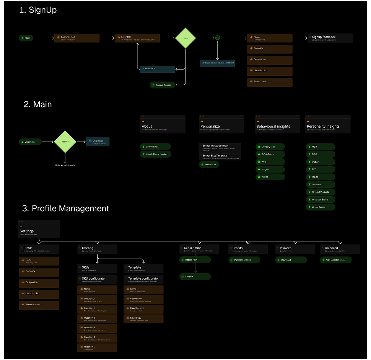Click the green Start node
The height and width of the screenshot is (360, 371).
tap(26, 38)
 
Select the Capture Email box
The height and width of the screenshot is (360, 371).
tap(77, 38)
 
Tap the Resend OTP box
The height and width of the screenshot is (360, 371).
tap(158, 69)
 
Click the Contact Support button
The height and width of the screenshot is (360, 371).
tap(163, 85)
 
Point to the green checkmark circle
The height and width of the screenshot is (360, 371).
tap(218, 38)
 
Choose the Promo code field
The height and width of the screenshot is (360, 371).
tap(270, 82)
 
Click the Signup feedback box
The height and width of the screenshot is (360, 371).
tap(330, 38)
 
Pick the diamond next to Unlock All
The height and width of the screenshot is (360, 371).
tap(65, 142)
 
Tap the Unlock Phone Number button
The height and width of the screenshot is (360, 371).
tap(156, 154)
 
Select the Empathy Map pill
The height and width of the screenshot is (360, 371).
tap(270, 147)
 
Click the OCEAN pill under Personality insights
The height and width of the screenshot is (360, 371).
tap(321, 162)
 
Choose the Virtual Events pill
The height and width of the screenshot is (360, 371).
tap(321, 207)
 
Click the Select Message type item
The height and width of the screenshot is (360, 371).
tap(220, 147)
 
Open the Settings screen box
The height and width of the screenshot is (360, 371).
tap(39, 230)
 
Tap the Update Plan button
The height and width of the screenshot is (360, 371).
tap(195, 260)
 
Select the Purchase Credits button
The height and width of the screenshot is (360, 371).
tap(244, 260)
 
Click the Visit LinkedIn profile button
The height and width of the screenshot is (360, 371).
tap(336, 260)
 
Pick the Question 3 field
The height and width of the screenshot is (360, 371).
tap(97, 329)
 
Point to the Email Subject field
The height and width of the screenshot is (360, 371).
tap(143, 309)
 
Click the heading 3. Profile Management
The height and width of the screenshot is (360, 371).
tap(66, 209)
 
